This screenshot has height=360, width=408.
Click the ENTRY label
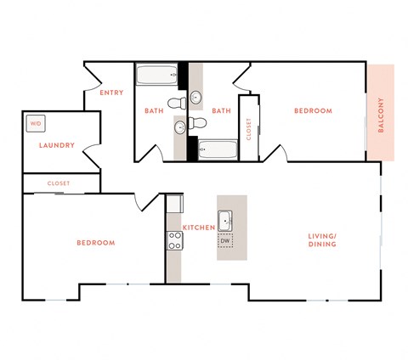(111, 93)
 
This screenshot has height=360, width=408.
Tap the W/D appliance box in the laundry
(35, 123)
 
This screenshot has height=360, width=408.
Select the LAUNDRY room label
(57, 145)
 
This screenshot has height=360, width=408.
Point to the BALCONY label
(382, 112)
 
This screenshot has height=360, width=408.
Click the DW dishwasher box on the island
(225, 241)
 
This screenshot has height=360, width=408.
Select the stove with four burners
(174, 241)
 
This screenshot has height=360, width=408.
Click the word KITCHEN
(198, 228)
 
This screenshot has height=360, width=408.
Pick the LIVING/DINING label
(322, 239)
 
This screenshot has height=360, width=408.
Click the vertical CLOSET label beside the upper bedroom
(249, 129)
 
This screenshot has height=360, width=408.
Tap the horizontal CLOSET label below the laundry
(59, 183)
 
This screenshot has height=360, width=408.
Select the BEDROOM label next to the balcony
(313, 111)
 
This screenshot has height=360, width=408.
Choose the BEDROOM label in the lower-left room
(95, 243)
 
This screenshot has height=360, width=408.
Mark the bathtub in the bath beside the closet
(218, 150)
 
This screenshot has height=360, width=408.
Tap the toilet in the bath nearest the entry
(177, 103)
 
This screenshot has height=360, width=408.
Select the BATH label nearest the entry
(154, 111)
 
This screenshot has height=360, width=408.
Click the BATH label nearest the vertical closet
(222, 111)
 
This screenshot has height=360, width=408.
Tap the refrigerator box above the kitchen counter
(173, 205)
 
